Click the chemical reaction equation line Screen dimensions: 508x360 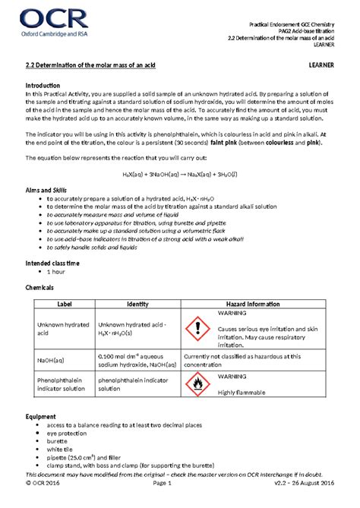[x=179, y=173]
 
